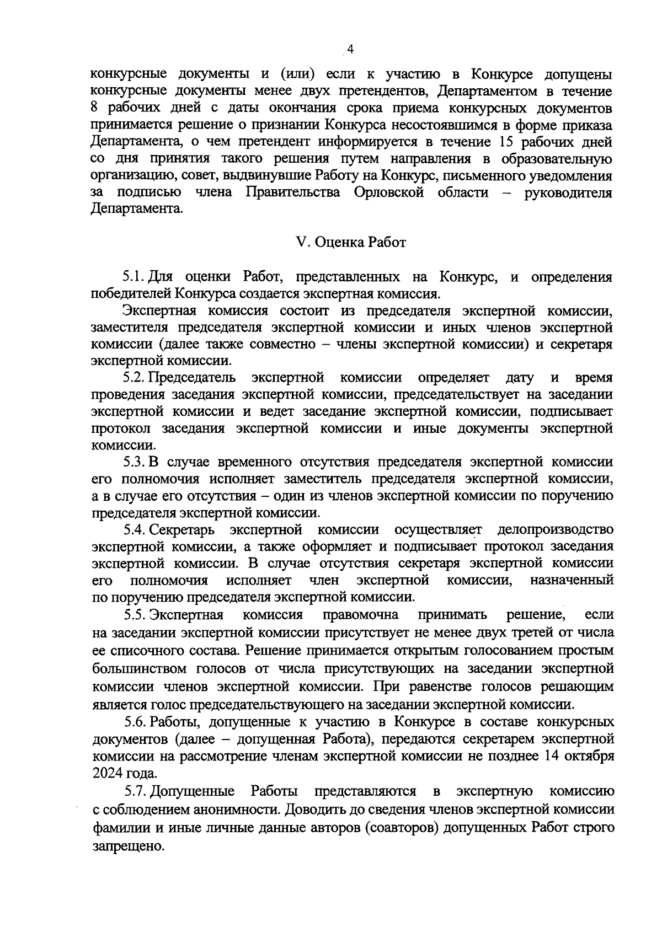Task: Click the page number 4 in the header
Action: coord(350,51)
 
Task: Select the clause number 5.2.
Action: coord(135,378)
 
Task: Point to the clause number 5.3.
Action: coord(135,462)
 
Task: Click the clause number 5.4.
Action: coord(135,530)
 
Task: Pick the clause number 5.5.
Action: coord(135,614)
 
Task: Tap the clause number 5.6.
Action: coord(135,721)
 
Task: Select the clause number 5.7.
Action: coord(135,791)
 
